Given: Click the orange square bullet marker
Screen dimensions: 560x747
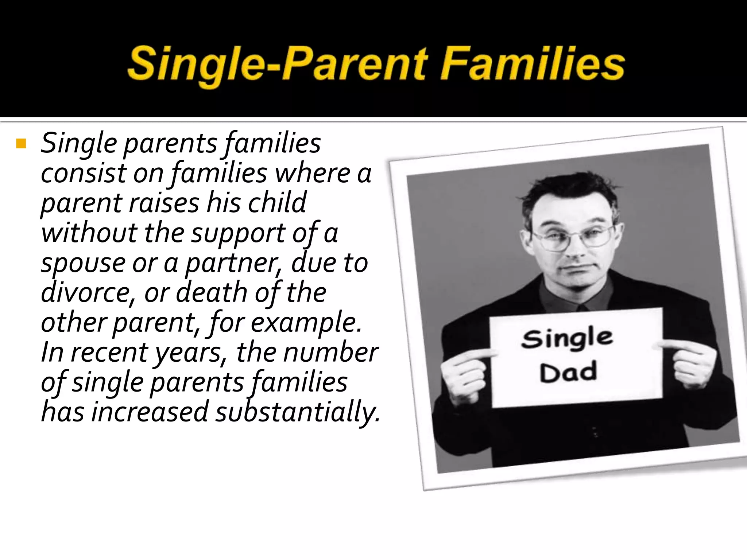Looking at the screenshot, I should [21, 144].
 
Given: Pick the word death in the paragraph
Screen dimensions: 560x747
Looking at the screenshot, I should [212, 292].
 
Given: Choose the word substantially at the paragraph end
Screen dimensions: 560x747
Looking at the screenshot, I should [297, 412].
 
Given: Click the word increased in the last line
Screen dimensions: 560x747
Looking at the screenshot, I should [150, 412].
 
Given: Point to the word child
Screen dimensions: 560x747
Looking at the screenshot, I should [277, 203].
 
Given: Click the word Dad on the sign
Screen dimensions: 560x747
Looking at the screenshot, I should [568, 372].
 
